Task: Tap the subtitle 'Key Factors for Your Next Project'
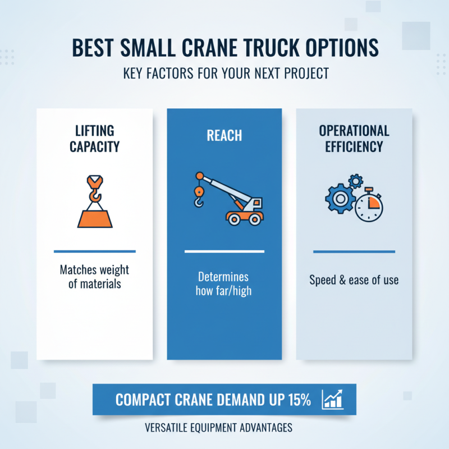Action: [224, 74]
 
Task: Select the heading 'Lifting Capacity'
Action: [94, 139]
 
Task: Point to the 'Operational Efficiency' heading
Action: [354, 139]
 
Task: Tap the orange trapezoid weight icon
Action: [94, 217]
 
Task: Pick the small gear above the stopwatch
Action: [355, 181]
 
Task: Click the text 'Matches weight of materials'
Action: [94, 277]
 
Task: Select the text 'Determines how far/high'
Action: [223, 283]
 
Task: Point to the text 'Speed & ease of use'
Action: [354, 280]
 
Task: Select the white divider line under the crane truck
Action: [224, 252]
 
